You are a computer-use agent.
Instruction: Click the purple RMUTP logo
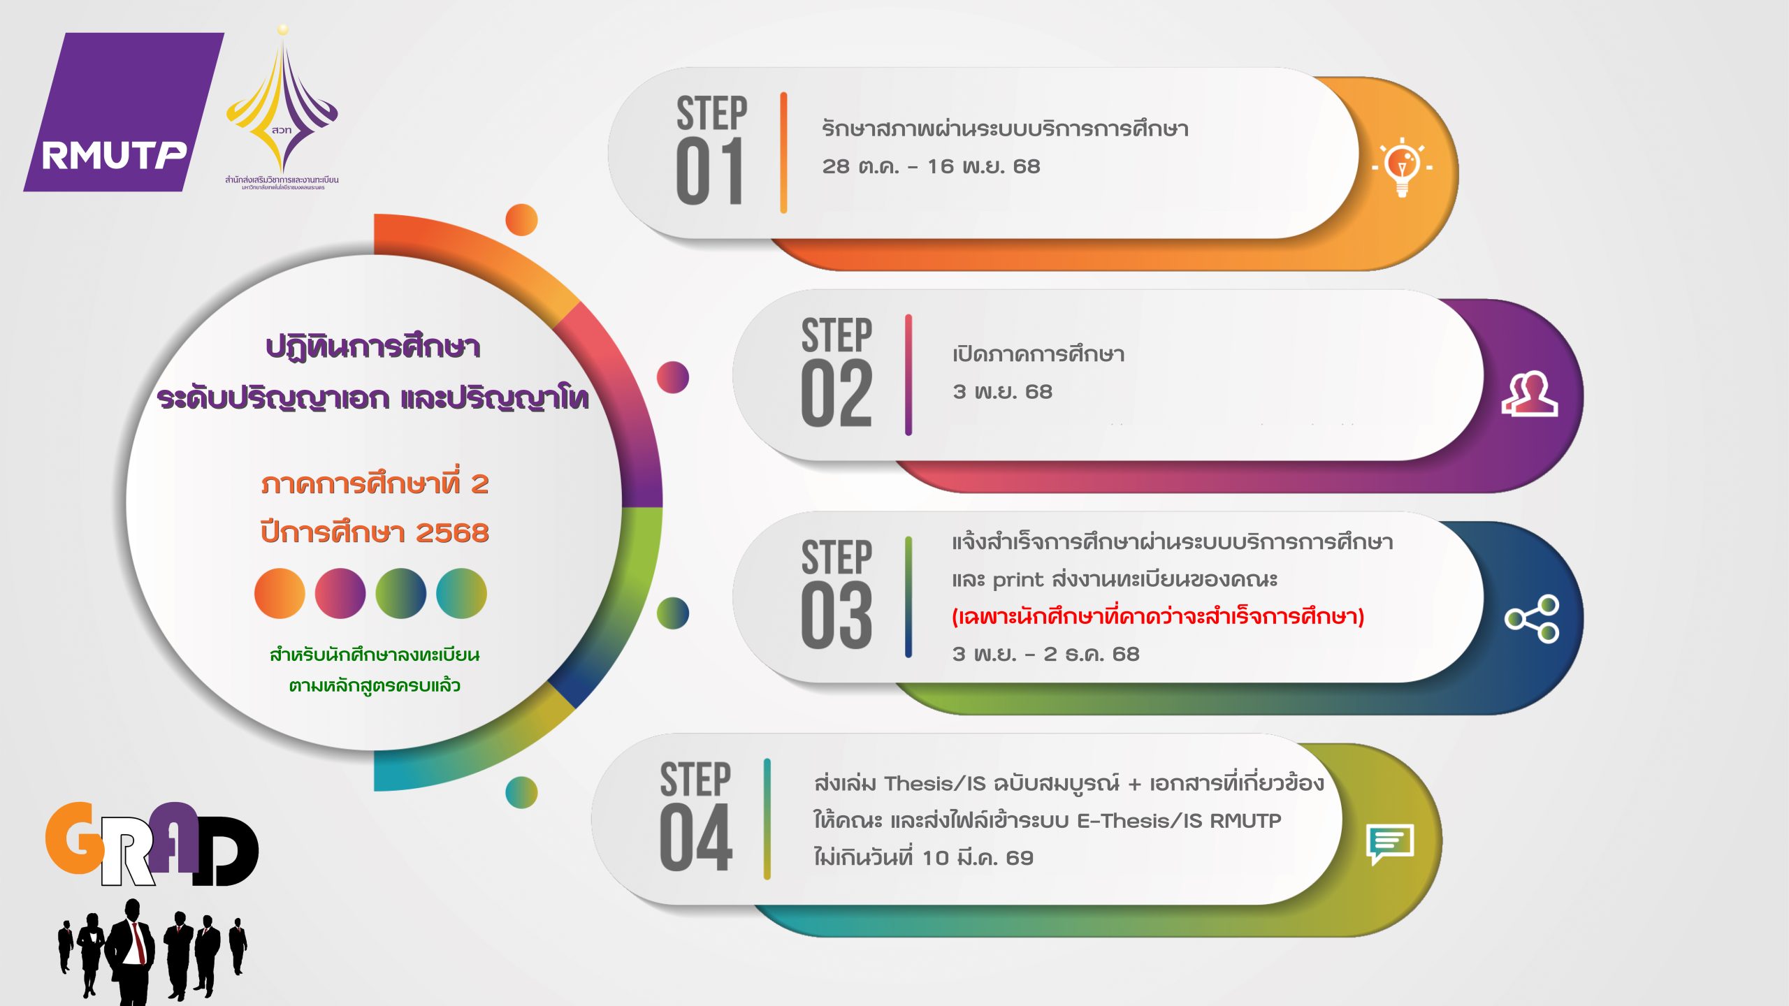point(124,112)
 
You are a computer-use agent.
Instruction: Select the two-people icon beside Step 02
point(1530,395)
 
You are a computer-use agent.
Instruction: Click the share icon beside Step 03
point(1532,618)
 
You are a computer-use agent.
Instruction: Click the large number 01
point(709,171)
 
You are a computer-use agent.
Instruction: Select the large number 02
point(836,393)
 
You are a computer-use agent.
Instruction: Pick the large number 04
point(695,838)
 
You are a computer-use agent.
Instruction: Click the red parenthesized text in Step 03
point(1158,616)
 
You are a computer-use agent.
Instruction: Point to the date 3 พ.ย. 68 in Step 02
point(1002,392)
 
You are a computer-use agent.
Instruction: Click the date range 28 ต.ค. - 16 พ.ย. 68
point(931,166)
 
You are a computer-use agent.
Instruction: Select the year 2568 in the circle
point(452,533)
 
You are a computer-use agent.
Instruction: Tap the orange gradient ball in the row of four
point(280,593)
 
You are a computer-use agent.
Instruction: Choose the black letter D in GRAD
point(226,851)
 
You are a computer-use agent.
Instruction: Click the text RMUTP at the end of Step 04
point(1245,821)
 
